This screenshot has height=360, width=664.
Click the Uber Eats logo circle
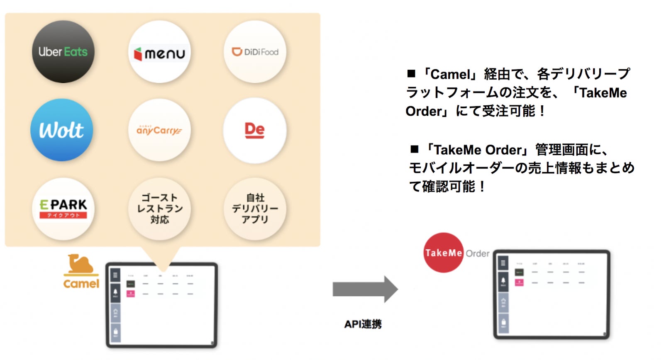click(x=63, y=52)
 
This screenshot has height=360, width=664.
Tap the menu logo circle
click(x=159, y=52)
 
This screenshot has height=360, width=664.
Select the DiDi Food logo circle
click(x=255, y=52)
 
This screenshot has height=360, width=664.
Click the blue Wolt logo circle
click(x=62, y=130)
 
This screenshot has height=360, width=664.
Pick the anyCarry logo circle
click(x=159, y=130)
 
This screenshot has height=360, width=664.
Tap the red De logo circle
click(x=255, y=130)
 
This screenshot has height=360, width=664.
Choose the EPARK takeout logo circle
click(x=63, y=209)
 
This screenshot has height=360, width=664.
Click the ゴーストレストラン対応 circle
click(x=159, y=209)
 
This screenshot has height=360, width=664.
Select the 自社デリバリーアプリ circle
click(x=255, y=209)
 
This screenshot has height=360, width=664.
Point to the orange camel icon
click(x=81, y=264)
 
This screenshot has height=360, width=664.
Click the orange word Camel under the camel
click(x=81, y=284)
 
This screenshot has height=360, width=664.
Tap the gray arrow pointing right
click(x=365, y=289)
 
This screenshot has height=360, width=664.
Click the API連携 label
click(x=363, y=324)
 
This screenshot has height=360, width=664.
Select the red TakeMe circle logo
click(x=444, y=253)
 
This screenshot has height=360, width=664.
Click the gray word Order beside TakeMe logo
click(x=477, y=253)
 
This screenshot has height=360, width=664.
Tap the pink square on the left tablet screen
click(x=130, y=294)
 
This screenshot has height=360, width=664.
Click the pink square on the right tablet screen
click(x=519, y=282)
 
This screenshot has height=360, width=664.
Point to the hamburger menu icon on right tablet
click(x=503, y=263)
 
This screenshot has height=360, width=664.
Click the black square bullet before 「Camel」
click(x=411, y=74)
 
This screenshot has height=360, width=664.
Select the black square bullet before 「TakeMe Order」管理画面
click(x=414, y=149)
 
